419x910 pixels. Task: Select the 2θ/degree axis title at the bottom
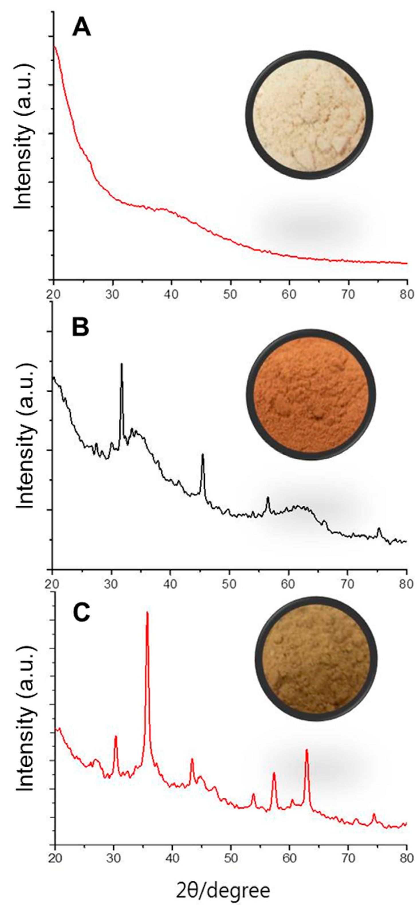(x=223, y=889)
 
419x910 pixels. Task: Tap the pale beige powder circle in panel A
(x=310, y=115)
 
